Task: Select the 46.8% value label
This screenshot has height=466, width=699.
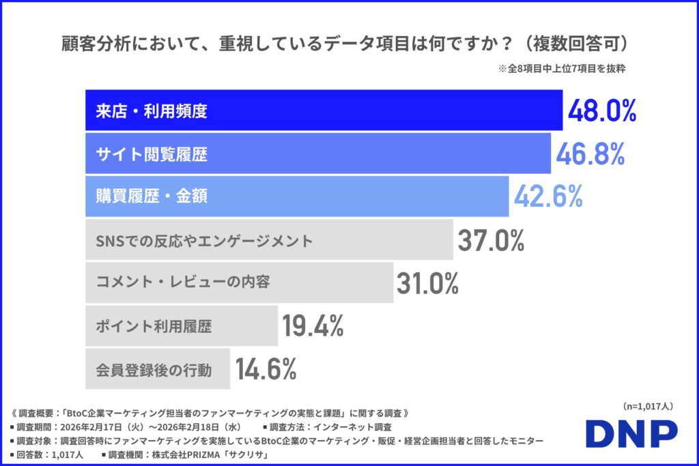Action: tap(590, 154)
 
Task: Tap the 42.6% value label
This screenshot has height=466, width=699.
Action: tap(548, 196)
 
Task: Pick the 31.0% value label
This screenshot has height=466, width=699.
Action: tap(427, 283)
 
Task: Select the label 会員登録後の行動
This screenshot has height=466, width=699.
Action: tap(154, 370)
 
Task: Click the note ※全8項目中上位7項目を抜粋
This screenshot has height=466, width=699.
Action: tap(565, 69)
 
